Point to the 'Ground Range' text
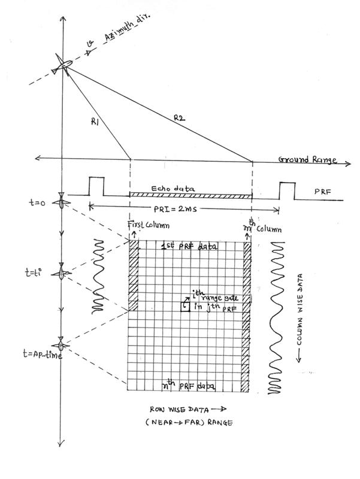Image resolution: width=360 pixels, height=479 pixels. click(x=307, y=160)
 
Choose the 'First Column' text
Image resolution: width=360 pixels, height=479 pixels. click(x=147, y=225)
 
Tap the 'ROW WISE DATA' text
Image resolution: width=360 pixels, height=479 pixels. click(x=177, y=411)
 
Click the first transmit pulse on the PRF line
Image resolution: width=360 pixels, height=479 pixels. click(x=96, y=186)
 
